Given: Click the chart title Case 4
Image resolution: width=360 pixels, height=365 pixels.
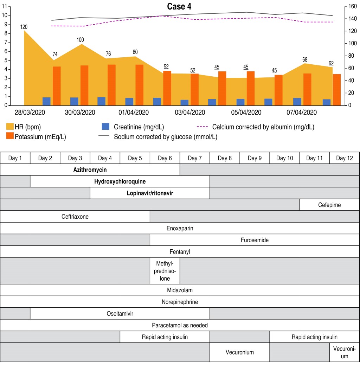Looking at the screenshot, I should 179,7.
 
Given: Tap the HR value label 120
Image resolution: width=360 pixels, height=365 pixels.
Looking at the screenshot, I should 24,27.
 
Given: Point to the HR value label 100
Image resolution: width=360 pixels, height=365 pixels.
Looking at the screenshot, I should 80,40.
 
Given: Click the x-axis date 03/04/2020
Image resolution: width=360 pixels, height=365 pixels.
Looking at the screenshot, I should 190,113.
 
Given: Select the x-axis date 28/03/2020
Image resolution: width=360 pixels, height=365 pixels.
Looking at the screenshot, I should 30,113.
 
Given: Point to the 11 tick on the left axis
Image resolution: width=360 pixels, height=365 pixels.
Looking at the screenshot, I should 5,6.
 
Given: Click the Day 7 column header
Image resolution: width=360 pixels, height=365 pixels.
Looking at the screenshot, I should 195,158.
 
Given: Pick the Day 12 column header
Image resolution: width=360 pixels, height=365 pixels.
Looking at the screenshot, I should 345,158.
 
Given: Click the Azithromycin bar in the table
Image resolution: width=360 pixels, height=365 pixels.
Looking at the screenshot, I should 90,170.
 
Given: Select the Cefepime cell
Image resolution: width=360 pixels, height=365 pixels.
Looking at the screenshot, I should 329,205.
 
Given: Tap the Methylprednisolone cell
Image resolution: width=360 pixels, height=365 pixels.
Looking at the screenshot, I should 165,271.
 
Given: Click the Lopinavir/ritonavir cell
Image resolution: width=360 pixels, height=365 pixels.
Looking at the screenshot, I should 150,193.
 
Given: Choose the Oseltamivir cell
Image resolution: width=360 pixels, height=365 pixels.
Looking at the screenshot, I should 120,313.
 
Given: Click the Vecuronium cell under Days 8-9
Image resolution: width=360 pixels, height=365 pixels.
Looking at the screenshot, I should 239,352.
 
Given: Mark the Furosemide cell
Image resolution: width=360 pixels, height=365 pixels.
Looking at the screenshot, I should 255,240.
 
